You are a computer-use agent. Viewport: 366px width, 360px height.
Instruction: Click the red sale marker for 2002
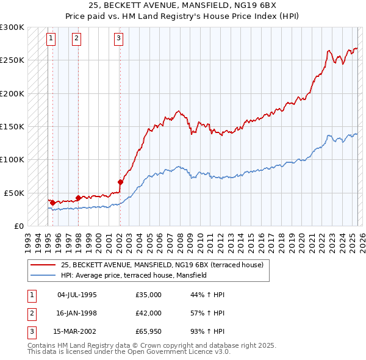click(x=120, y=181)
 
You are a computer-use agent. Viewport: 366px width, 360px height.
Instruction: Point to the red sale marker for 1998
click(x=78, y=198)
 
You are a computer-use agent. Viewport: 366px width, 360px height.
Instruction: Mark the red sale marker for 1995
click(x=52, y=203)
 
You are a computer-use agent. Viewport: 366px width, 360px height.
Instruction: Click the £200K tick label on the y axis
click(x=12, y=93)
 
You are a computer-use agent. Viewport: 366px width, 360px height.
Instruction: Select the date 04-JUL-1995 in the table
click(x=77, y=295)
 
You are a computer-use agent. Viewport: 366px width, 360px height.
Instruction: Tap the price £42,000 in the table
click(x=148, y=314)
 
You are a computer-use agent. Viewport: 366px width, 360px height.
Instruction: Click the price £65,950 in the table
click(x=148, y=333)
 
